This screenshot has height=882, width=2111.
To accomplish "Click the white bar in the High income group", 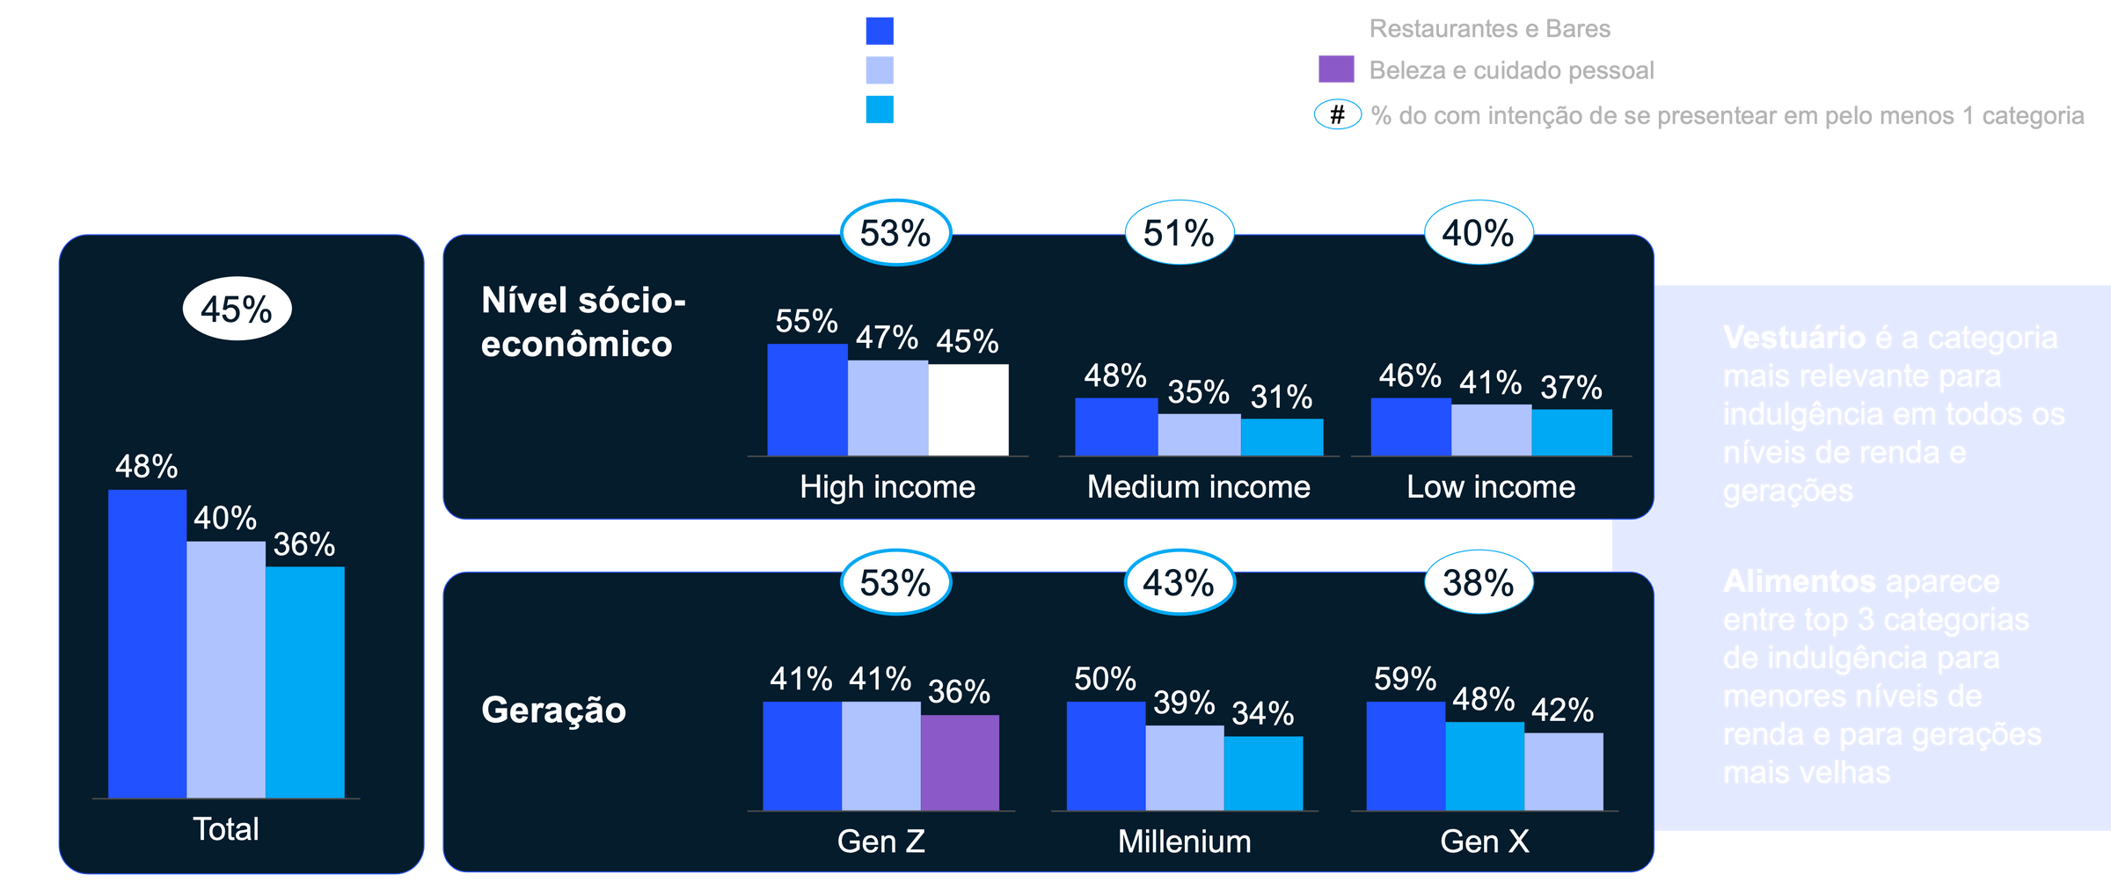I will pos(968,410).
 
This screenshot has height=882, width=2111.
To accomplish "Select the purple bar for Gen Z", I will pos(960,762).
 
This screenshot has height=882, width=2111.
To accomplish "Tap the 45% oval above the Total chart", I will pos(237,310).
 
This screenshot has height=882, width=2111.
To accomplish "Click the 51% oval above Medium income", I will pos(1179,233).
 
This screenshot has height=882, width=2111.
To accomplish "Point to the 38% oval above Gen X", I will pos(1478,582).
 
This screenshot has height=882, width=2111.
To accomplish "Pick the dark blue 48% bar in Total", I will pos(147,644).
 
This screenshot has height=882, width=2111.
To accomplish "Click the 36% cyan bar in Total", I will pos(304,682).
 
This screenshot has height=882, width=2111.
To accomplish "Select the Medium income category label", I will pos(1198,487).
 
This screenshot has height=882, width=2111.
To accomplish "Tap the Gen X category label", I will pos(1485,842).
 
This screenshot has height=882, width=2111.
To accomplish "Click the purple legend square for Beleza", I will pos(1336,69).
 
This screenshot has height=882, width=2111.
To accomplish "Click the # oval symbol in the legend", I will pos(1337,114).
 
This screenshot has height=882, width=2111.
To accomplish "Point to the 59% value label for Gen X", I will pos(1405,679).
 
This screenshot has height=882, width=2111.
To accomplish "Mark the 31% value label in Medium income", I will pos(1282,397).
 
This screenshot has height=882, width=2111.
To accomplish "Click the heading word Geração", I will pos(553,710).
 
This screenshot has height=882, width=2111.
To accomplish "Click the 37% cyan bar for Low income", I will pos(1572,433).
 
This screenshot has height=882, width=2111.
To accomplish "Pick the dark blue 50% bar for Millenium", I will pos(1106,755).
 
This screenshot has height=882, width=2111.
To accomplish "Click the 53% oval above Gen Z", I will pos(895,582).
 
